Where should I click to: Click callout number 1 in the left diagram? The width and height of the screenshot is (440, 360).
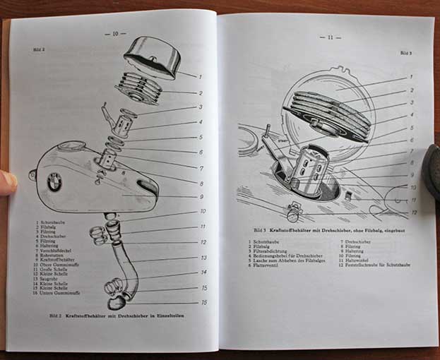tap(200, 76)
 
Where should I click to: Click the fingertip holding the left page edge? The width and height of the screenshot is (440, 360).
tap(7, 182)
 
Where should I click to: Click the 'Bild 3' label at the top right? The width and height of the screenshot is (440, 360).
tap(406, 53)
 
